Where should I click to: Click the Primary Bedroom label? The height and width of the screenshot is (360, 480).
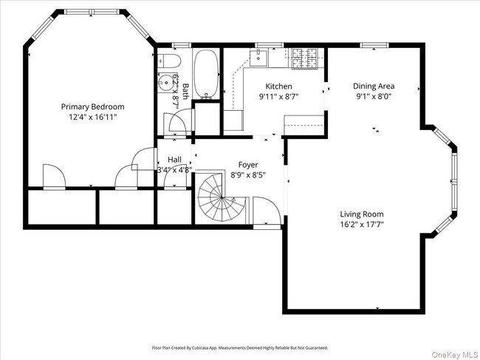click(92, 106)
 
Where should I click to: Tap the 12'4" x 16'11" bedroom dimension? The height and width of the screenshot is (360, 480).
click(92, 117)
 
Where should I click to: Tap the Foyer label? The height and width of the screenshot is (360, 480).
click(247, 164)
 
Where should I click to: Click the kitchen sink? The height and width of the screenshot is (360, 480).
click(261, 55)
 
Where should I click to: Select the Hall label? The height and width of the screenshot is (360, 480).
click(174, 160)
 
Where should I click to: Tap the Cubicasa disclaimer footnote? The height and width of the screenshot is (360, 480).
click(240, 347)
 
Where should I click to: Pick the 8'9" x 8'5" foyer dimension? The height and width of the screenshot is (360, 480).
click(247, 175)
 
